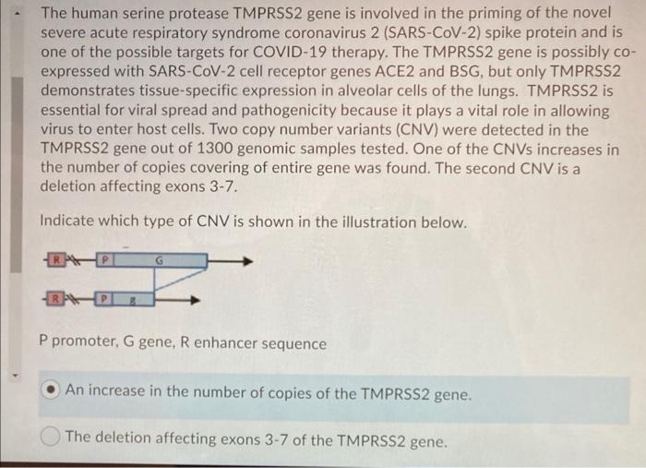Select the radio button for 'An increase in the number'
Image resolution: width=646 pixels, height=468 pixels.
coord(52,394)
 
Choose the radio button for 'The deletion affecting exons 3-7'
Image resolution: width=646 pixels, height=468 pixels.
coord(52,438)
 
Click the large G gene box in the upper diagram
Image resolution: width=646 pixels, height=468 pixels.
coord(159,261)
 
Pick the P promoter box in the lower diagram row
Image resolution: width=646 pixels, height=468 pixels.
coord(105,299)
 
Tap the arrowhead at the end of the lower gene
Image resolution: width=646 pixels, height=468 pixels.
coord(195,299)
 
